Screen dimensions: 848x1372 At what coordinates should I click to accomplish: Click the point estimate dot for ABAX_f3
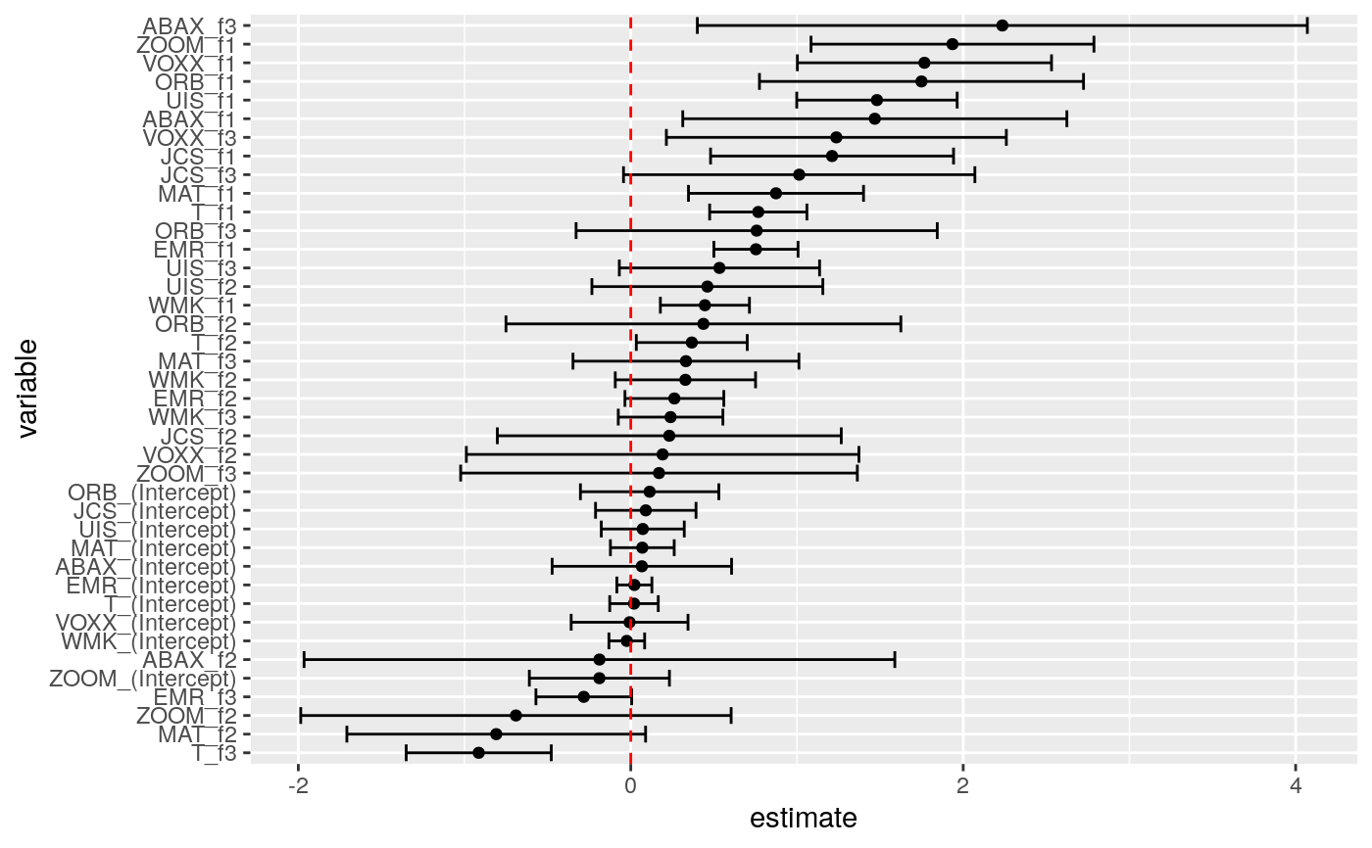(1002, 25)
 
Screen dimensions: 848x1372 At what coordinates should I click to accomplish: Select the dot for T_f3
(478, 753)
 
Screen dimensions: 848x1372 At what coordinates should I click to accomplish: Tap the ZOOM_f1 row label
(194, 44)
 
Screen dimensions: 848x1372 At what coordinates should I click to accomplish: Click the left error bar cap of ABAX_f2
(304, 659)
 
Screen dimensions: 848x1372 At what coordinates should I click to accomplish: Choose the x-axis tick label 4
(1296, 787)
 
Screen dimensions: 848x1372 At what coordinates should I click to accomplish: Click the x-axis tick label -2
(297, 787)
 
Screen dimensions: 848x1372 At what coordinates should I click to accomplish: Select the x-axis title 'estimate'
(803, 819)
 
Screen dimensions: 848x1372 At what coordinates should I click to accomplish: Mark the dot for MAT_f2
(496, 734)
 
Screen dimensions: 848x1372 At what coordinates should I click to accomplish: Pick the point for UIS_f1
(876, 100)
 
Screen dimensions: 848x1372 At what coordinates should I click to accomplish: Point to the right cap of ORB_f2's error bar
(901, 324)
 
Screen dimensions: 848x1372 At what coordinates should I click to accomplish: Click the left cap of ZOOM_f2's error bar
(300, 716)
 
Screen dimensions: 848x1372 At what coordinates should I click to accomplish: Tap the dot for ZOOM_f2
(515, 716)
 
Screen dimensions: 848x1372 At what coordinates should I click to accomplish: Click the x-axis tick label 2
(962, 787)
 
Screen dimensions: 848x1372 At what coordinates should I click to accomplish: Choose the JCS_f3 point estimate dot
(799, 174)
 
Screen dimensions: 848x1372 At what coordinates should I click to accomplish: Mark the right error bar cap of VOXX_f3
(1006, 137)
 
